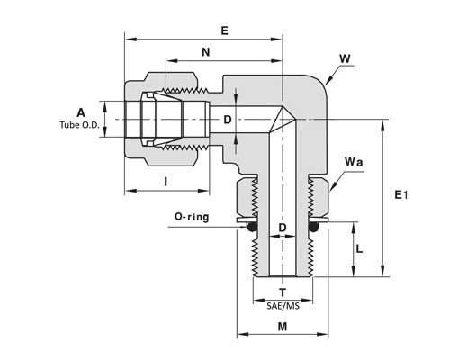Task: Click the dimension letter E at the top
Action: tap(224, 31)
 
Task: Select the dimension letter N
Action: tap(206, 52)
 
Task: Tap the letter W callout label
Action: tap(345, 58)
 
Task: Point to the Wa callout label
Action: tap(354, 162)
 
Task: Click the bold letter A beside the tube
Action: tap(81, 113)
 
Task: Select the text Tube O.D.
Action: tap(79, 125)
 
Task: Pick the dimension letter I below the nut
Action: tap(166, 182)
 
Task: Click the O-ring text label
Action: tap(192, 217)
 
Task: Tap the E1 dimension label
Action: tap(401, 195)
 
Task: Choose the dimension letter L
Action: tap(359, 248)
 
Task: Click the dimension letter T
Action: tap(283, 292)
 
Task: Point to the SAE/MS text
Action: tap(283, 306)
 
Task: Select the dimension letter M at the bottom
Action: tap(283, 327)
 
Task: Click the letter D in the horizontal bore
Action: tap(228, 120)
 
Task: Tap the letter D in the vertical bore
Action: tap(283, 228)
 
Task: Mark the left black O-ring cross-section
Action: tap(252, 227)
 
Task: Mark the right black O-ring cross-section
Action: tap(313, 227)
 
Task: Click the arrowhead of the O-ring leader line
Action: tap(244, 227)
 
